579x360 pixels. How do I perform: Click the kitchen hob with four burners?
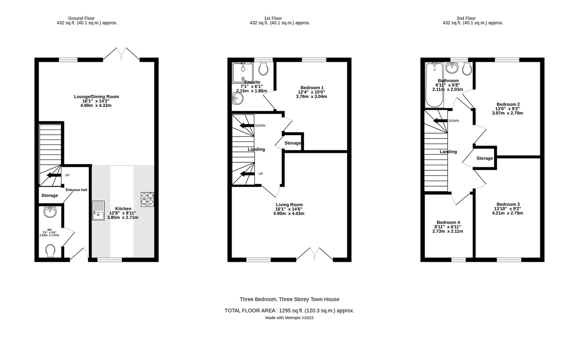point(147,200)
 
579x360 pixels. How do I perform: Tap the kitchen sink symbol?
point(98,211)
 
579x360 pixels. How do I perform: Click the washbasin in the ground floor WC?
point(50,212)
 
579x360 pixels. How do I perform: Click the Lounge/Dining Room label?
point(96,97)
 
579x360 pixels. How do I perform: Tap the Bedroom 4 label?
point(448,222)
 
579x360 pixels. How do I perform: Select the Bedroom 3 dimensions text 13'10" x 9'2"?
point(507,209)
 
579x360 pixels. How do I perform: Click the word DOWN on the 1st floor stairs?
point(260,126)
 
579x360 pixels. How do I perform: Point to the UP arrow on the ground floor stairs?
point(54,175)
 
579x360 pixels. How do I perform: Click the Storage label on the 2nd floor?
point(485,158)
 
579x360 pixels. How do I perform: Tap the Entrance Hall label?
point(76,190)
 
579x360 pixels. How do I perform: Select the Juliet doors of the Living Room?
point(314,254)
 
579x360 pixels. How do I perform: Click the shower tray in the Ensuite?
point(243,72)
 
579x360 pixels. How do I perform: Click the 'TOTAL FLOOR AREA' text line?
point(289,311)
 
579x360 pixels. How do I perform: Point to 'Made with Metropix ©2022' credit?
point(289,318)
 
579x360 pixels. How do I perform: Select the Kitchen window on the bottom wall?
point(109,260)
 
